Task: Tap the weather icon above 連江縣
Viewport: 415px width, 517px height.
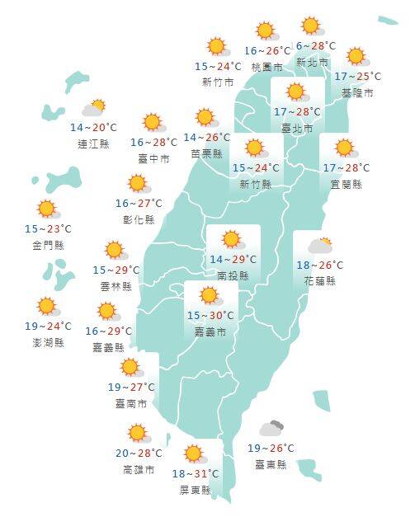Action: [94, 109]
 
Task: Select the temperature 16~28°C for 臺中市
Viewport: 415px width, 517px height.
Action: [154, 143]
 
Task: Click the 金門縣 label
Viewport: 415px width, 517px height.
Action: [48, 245]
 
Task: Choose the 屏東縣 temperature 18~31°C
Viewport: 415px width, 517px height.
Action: [195, 473]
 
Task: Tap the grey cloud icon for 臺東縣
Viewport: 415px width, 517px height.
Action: [271, 428]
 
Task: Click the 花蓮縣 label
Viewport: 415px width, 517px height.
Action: [319, 280]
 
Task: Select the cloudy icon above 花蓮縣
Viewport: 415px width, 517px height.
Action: [320, 246]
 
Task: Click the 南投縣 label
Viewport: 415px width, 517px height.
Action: [233, 275]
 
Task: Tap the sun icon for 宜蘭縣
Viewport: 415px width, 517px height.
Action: [344, 149]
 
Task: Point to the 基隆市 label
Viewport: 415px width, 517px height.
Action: [357, 92]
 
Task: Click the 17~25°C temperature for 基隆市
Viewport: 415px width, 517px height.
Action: [358, 77]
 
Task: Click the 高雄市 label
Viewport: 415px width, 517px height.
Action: [138, 468]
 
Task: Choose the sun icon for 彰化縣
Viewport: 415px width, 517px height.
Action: [138, 184]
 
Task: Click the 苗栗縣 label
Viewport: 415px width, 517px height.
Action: [206, 153]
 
